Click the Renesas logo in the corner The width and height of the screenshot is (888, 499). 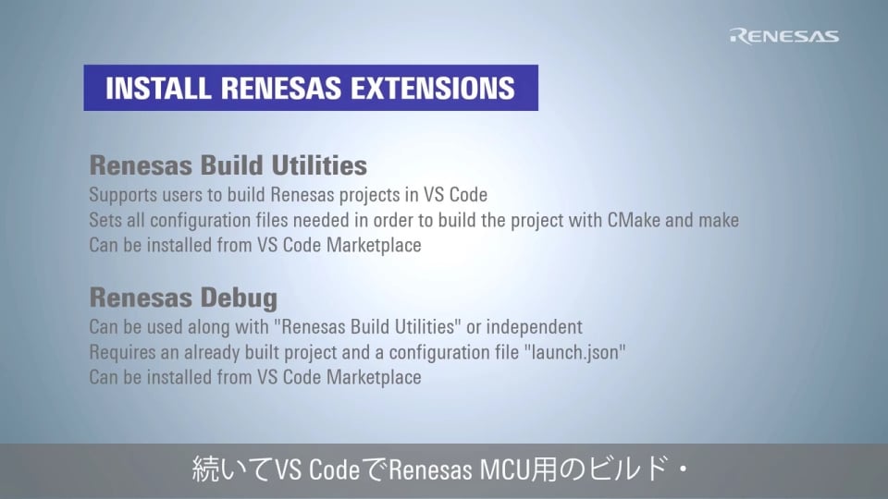784,36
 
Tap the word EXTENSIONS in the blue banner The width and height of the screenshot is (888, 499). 436,88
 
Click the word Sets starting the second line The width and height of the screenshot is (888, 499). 103,221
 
